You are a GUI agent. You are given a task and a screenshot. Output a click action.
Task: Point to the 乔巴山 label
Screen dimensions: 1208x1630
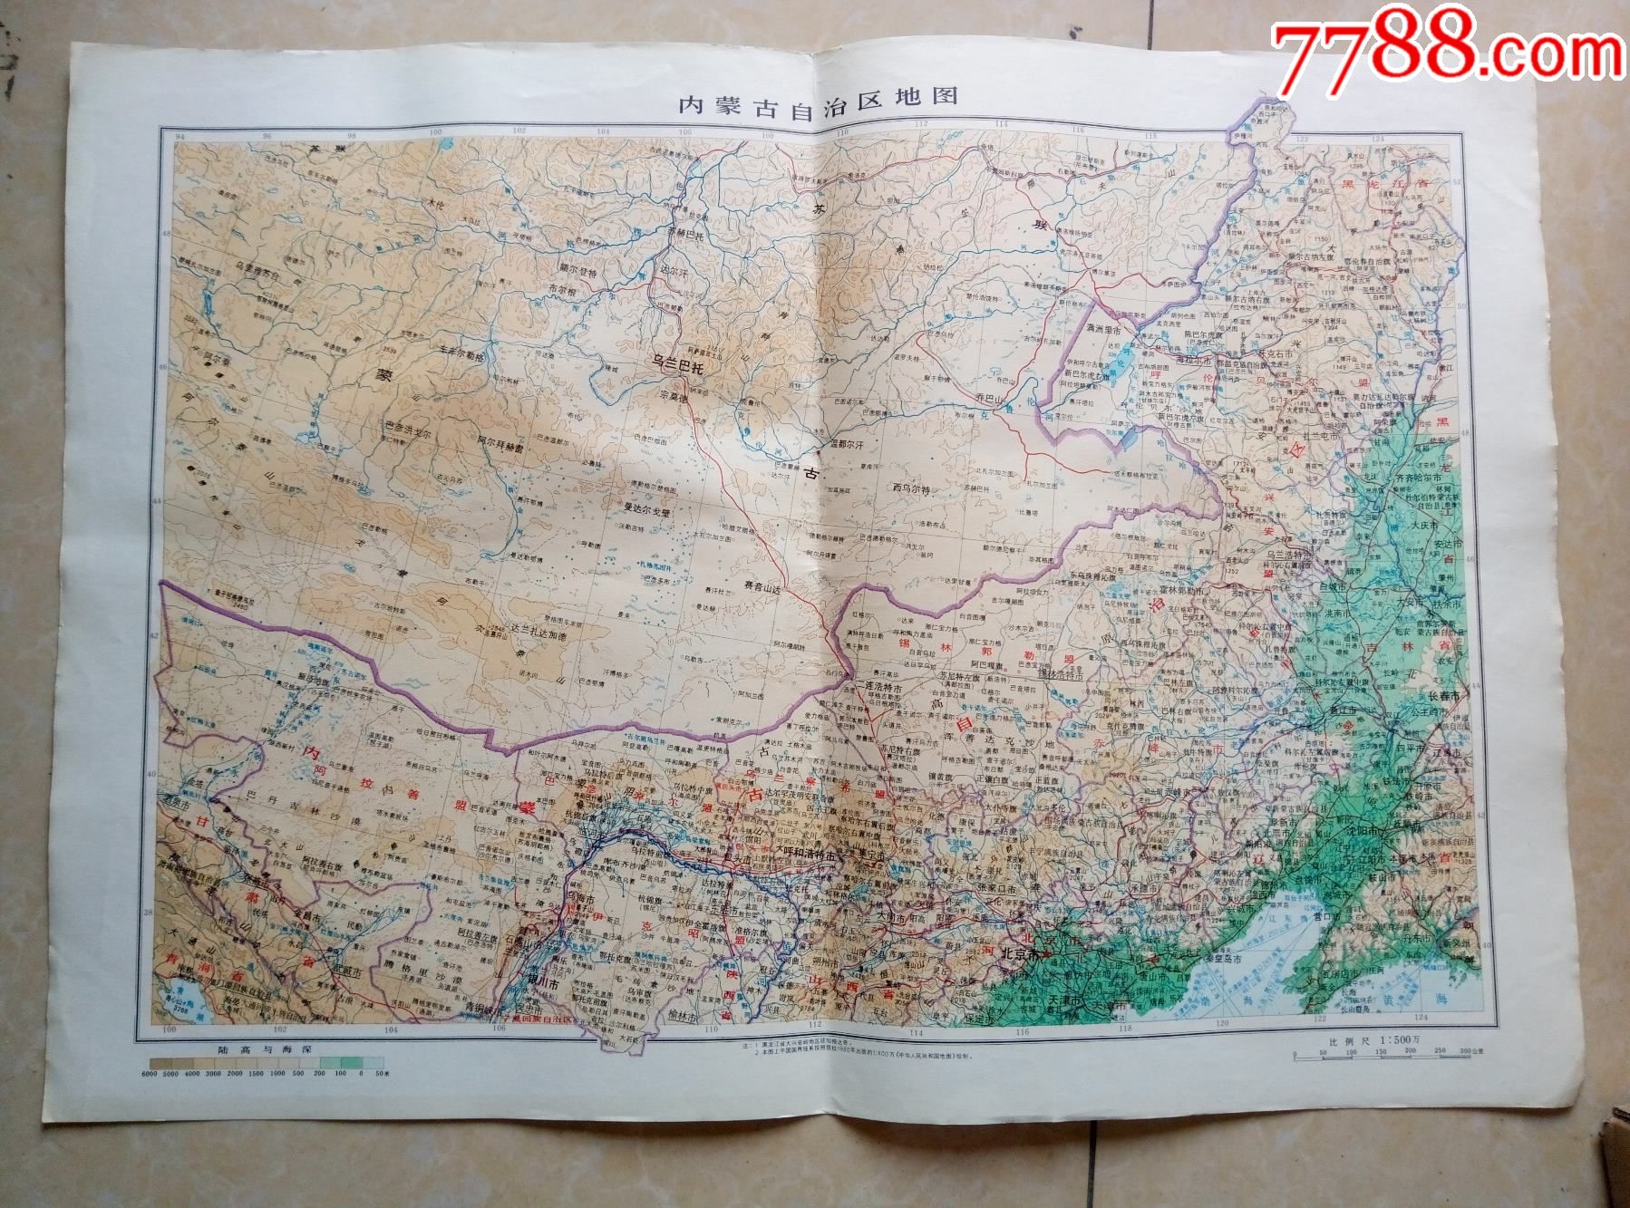coord(991,397)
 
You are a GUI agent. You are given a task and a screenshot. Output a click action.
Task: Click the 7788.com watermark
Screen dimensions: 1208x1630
coord(1442,47)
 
